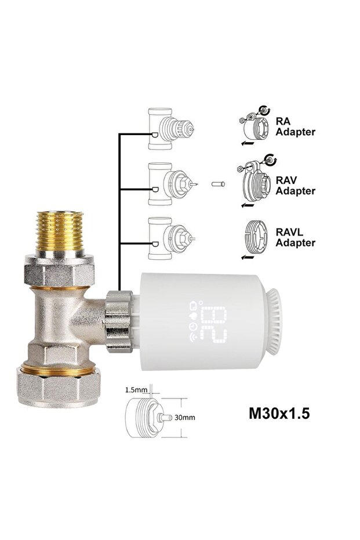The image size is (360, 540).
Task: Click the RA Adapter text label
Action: click(295, 126)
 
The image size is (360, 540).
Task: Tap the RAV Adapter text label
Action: click(295, 186)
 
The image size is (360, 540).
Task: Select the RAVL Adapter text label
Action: click(295, 237)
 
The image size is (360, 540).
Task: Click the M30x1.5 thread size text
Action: click(279, 413)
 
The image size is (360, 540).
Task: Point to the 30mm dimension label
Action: click(184, 418)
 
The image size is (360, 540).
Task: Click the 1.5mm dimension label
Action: click(136, 390)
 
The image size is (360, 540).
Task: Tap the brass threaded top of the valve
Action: click(60, 231)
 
